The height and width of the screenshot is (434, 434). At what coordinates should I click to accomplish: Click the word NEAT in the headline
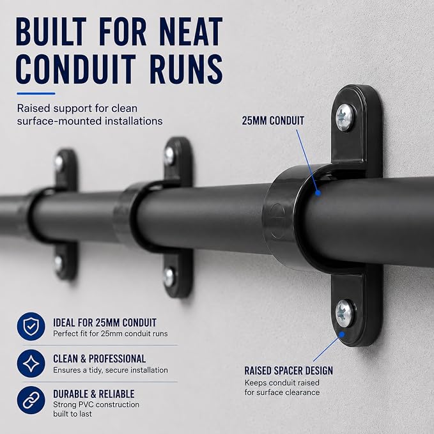(x=191, y=31)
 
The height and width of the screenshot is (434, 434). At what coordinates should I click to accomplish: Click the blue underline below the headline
(x=36, y=93)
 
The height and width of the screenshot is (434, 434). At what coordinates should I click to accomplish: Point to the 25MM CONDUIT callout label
(x=273, y=121)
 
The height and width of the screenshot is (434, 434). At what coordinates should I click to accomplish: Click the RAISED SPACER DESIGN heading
(x=289, y=371)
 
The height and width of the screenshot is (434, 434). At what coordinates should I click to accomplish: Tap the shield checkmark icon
(x=31, y=327)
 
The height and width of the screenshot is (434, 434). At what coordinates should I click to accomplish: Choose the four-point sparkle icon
(x=31, y=363)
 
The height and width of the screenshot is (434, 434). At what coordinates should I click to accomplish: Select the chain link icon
(x=31, y=400)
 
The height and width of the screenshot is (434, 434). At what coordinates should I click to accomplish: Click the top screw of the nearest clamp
(x=345, y=117)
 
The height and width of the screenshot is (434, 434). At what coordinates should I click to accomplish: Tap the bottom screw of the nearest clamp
(x=345, y=313)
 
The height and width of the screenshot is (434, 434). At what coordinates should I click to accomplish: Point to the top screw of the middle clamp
(x=169, y=156)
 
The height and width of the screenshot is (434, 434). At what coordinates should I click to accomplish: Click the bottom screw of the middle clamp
(x=169, y=277)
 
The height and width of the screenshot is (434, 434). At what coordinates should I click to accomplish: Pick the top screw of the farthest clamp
(x=59, y=163)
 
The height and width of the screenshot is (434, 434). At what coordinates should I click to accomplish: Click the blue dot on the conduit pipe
(x=318, y=192)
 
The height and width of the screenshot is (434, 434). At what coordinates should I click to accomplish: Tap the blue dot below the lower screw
(x=342, y=335)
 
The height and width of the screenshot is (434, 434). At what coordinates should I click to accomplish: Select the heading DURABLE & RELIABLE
(x=94, y=394)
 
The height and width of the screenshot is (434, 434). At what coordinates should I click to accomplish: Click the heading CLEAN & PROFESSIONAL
(x=99, y=359)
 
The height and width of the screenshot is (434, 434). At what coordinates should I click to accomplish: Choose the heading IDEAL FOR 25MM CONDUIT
(x=105, y=323)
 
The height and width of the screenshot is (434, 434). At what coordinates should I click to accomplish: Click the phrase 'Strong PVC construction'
(x=97, y=405)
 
